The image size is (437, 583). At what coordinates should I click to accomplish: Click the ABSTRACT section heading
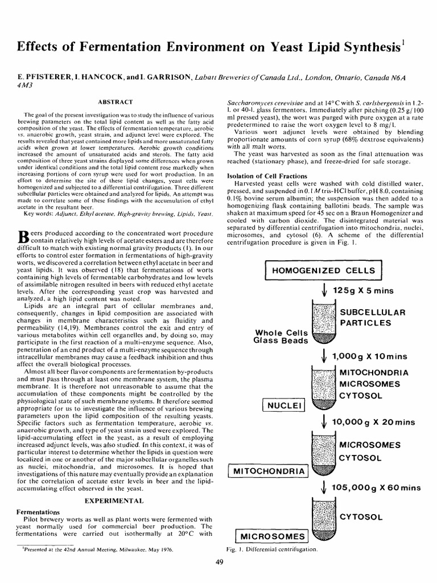coord(116,101)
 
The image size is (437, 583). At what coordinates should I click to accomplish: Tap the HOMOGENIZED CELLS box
coord(323,270)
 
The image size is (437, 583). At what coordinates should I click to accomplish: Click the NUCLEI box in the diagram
coord(284,405)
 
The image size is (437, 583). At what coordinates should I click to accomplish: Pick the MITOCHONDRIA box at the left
coord(267,471)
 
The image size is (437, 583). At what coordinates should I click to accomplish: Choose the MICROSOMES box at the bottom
coord(271,536)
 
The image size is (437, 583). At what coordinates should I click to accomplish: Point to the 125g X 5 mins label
coord(363,290)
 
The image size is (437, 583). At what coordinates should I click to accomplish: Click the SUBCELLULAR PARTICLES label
coord(372,318)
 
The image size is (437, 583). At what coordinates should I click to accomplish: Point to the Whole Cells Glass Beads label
coord(281,336)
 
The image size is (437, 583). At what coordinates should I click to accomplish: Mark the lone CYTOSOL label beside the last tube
coord(361,516)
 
